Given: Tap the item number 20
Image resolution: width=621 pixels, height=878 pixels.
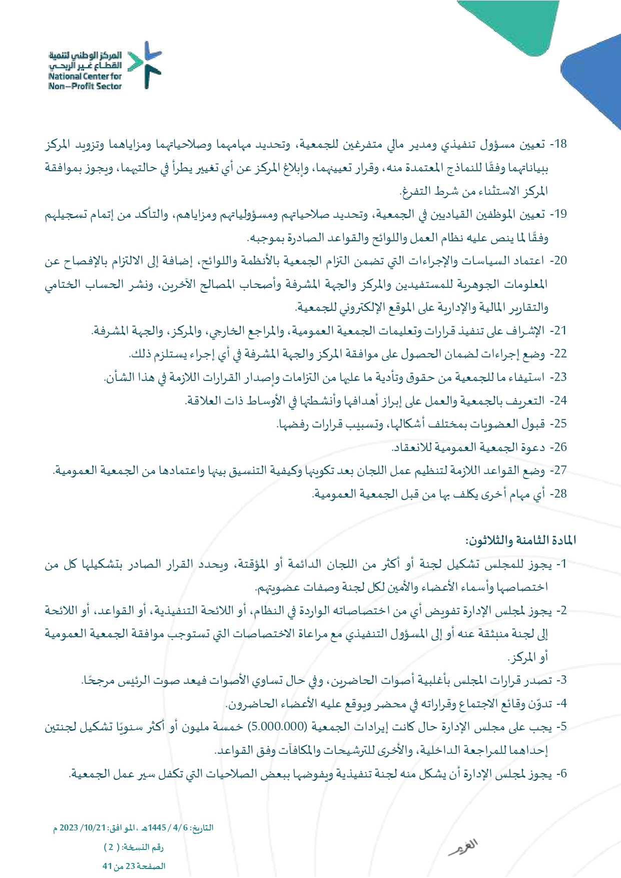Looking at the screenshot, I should tap(561, 261).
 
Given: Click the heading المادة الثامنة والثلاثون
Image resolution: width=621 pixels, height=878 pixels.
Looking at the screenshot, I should tap(520, 541).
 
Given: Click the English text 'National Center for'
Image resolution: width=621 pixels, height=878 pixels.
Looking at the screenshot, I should tap(85, 77).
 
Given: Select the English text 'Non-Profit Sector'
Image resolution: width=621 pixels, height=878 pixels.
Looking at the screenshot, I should tap(85, 86).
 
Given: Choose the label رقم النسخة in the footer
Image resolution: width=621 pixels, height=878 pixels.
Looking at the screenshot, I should tap(145, 847).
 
